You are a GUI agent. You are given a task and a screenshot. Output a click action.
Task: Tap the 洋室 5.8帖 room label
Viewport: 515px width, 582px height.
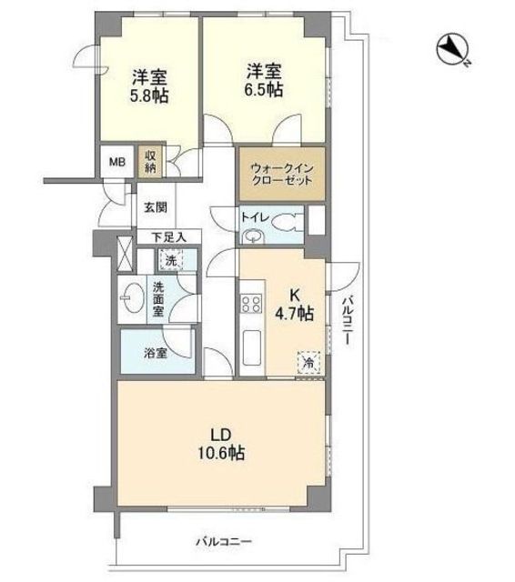click(x=149, y=86)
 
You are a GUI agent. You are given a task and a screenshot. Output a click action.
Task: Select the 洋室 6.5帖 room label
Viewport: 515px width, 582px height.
click(x=264, y=81)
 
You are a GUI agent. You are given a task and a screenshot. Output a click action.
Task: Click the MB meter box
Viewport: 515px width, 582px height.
click(x=117, y=162)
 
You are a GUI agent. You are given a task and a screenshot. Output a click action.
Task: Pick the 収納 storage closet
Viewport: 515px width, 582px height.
click(x=150, y=162)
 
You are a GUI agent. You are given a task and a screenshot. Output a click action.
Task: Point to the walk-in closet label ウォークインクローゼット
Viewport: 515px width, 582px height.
click(x=281, y=175)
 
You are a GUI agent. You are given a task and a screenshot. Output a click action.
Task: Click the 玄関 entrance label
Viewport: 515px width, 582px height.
click(x=156, y=207)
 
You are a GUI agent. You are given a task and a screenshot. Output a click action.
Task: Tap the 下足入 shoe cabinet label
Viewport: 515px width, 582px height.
click(x=169, y=237)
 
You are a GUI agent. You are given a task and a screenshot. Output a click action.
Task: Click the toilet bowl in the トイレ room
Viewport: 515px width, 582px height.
click(x=287, y=224)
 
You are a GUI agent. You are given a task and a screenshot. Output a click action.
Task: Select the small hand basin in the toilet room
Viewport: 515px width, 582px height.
click(x=253, y=236)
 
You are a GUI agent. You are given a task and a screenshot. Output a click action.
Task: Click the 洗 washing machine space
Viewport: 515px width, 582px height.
click(x=171, y=260)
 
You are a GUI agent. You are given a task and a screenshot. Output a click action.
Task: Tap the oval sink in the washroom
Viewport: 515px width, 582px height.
click(x=132, y=298)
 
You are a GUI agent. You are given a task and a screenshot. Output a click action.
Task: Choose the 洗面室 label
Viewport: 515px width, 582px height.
click(x=158, y=299)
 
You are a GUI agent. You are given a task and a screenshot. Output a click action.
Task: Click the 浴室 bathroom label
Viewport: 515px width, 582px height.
click(x=156, y=353)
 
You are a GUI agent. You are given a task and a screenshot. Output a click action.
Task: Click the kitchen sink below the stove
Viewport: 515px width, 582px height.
click(x=252, y=347)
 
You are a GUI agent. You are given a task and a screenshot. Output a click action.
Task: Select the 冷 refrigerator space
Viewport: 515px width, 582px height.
click(x=308, y=362)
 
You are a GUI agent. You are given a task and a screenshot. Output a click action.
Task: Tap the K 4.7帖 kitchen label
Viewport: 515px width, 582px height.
click(x=294, y=305)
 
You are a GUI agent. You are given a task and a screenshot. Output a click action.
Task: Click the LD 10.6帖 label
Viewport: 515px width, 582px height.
click(x=221, y=444)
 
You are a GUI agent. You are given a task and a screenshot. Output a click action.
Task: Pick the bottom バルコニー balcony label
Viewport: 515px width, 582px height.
click(x=224, y=542)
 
